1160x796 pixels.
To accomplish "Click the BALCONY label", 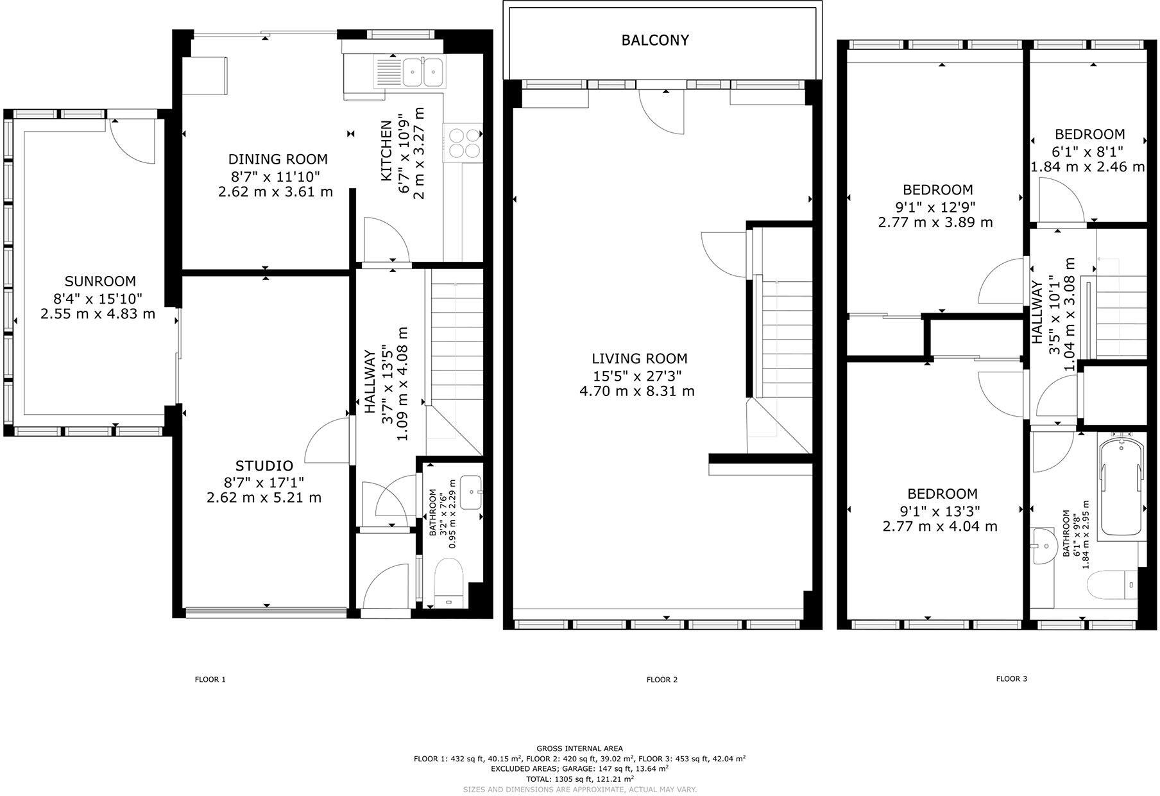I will click(655, 40).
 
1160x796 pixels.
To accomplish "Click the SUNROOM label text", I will click(100, 281).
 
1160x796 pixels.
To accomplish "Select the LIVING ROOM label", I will click(639, 359).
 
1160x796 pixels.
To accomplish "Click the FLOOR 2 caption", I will click(661, 679).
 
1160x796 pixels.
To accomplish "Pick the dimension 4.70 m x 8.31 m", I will click(636, 392).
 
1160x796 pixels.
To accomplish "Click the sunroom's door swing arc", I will click(132, 142).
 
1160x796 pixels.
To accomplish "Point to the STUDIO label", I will click(264, 466).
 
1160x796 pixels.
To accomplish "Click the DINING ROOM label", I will click(278, 159).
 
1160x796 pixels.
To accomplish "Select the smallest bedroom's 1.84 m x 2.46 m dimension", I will click(1087, 167).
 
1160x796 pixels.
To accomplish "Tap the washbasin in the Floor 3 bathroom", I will click(1045, 546).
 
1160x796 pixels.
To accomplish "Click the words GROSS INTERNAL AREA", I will click(579, 748).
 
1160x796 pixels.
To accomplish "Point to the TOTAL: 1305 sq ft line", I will click(579, 778).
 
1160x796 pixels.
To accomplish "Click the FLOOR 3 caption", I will click(1011, 679).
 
